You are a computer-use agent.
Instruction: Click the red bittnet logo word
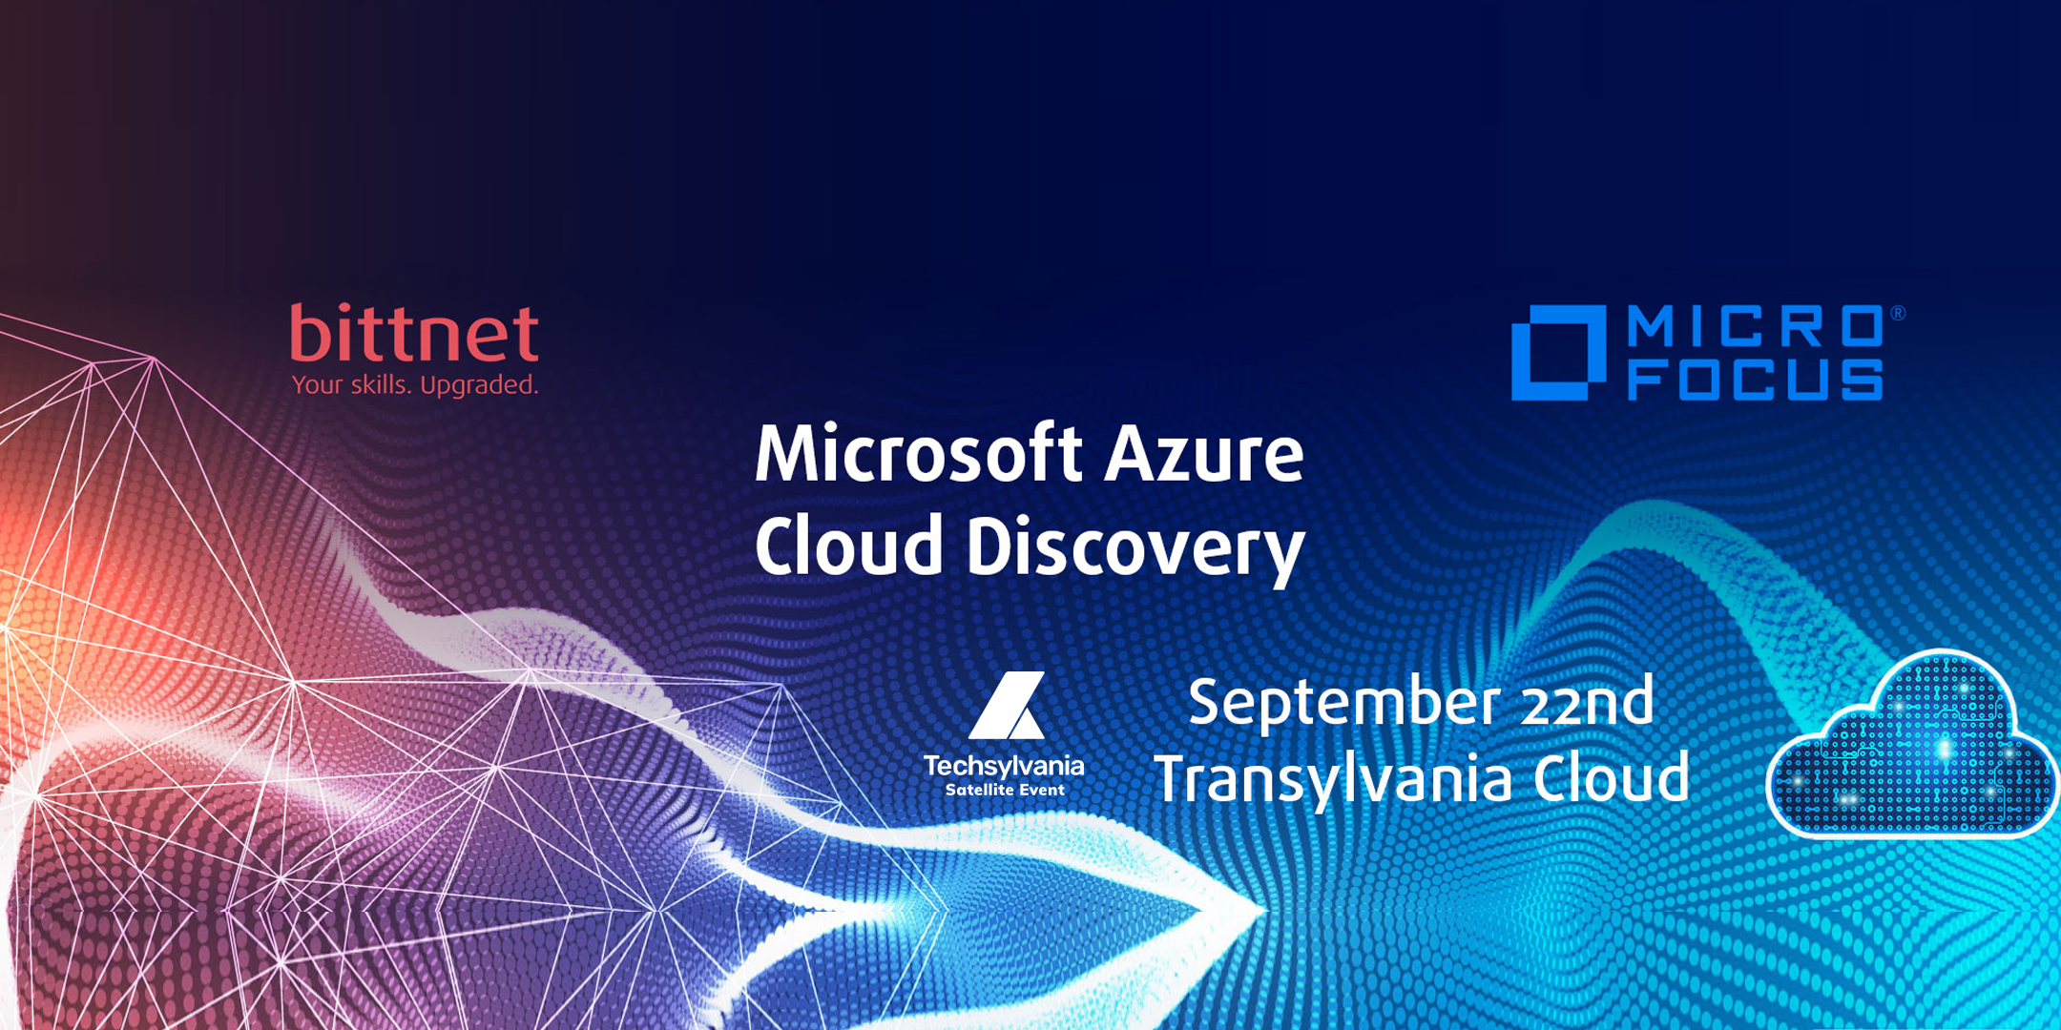[415, 333]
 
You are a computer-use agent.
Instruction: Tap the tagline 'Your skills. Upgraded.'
[415, 385]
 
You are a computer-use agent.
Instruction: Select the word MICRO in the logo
[1756, 326]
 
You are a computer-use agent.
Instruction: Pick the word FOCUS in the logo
[1756, 380]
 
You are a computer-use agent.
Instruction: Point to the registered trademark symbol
[1898, 313]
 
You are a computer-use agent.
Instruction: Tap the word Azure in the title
[1204, 455]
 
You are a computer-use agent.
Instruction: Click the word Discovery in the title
[1135, 550]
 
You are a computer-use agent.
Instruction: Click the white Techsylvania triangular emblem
[1008, 706]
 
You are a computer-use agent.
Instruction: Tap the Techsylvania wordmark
[1004, 767]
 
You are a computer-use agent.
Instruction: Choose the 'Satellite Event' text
[1005, 790]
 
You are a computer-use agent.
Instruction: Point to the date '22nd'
[1587, 702]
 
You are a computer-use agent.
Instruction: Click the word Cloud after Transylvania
[1612, 777]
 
